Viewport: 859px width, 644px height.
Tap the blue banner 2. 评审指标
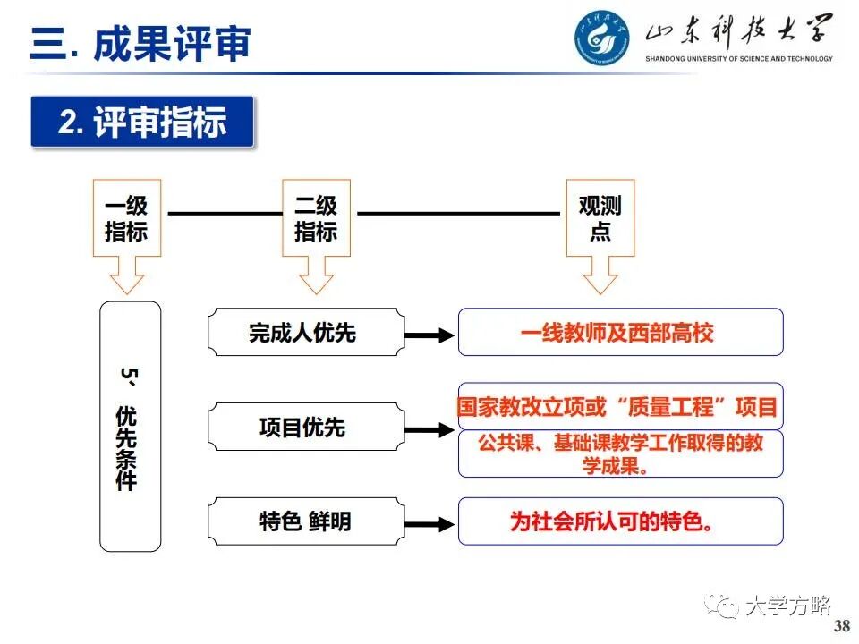[142, 122]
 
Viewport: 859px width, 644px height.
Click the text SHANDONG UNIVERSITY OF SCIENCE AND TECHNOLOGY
[739, 59]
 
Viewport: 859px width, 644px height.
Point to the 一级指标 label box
[126, 218]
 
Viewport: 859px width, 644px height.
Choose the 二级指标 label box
[316, 218]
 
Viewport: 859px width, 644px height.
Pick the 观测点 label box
[600, 218]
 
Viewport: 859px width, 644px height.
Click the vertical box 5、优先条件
[130, 426]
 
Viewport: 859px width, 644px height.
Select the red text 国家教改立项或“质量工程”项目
[617, 407]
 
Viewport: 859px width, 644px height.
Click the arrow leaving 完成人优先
[429, 335]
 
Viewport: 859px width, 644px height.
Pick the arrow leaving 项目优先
[429, 429]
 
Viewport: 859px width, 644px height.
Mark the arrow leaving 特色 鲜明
[429, 523]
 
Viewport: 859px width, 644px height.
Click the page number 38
[841, 626]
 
